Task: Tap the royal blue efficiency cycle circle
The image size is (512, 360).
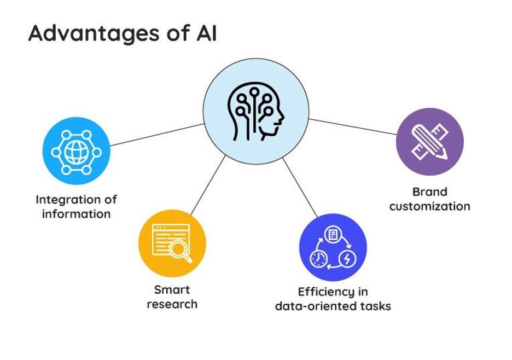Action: click(333, 247)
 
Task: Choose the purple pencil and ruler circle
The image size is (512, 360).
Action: click(429, 142)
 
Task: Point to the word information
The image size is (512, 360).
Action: click(76, 213)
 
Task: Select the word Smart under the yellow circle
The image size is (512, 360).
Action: click(172, 289)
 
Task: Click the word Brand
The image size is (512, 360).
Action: click(429, 192)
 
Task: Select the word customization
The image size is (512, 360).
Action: click(429, 206)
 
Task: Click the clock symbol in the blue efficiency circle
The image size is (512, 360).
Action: click(319, 259)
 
